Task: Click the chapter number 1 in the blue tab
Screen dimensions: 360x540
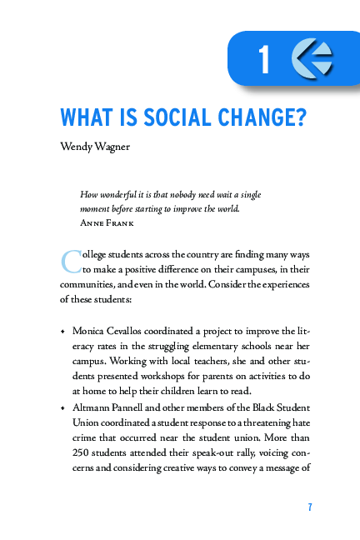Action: click(x=265, y=60)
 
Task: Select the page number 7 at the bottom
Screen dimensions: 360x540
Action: click(x=309, y=507)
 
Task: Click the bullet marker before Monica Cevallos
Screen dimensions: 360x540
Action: click(x=62, y=330)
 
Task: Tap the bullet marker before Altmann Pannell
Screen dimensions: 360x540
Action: click(x=62, y=408)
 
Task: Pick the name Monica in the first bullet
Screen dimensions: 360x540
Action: click(x=91, y=330)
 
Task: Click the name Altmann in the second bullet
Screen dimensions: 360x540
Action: click(x=94, y=407)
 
